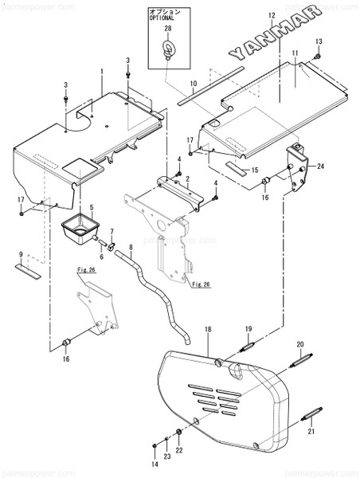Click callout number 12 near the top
271,16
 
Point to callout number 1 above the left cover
102,72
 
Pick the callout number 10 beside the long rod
193,83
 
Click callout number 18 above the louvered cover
208,328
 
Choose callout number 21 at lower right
311,431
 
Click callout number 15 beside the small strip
255,170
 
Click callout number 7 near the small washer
112,232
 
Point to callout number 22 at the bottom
179,451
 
